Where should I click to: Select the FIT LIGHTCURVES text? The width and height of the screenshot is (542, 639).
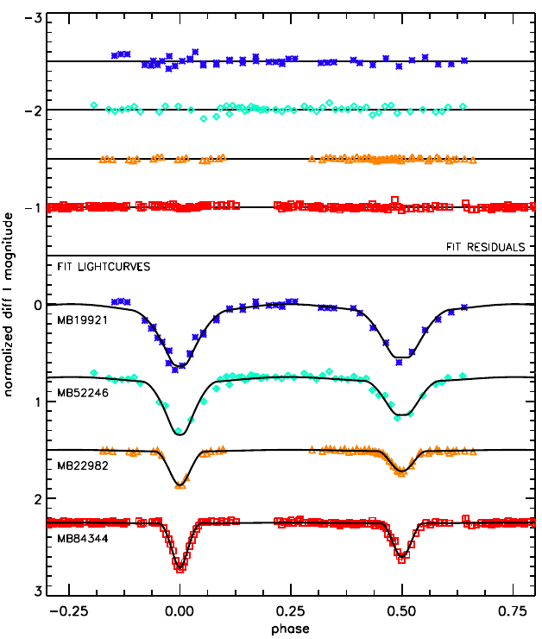(104, 267)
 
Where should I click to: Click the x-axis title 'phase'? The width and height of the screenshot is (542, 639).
(291, 629)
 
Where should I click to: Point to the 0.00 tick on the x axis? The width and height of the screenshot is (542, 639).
(180, 611)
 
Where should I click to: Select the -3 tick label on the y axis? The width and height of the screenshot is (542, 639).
(33, 18)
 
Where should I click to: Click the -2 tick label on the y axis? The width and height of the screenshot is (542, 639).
(33, 111)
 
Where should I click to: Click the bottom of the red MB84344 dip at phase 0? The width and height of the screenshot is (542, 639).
(180, 568)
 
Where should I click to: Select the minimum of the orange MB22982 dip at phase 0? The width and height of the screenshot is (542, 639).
(180, 484)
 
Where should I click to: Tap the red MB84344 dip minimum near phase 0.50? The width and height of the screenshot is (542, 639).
(402, 556)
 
